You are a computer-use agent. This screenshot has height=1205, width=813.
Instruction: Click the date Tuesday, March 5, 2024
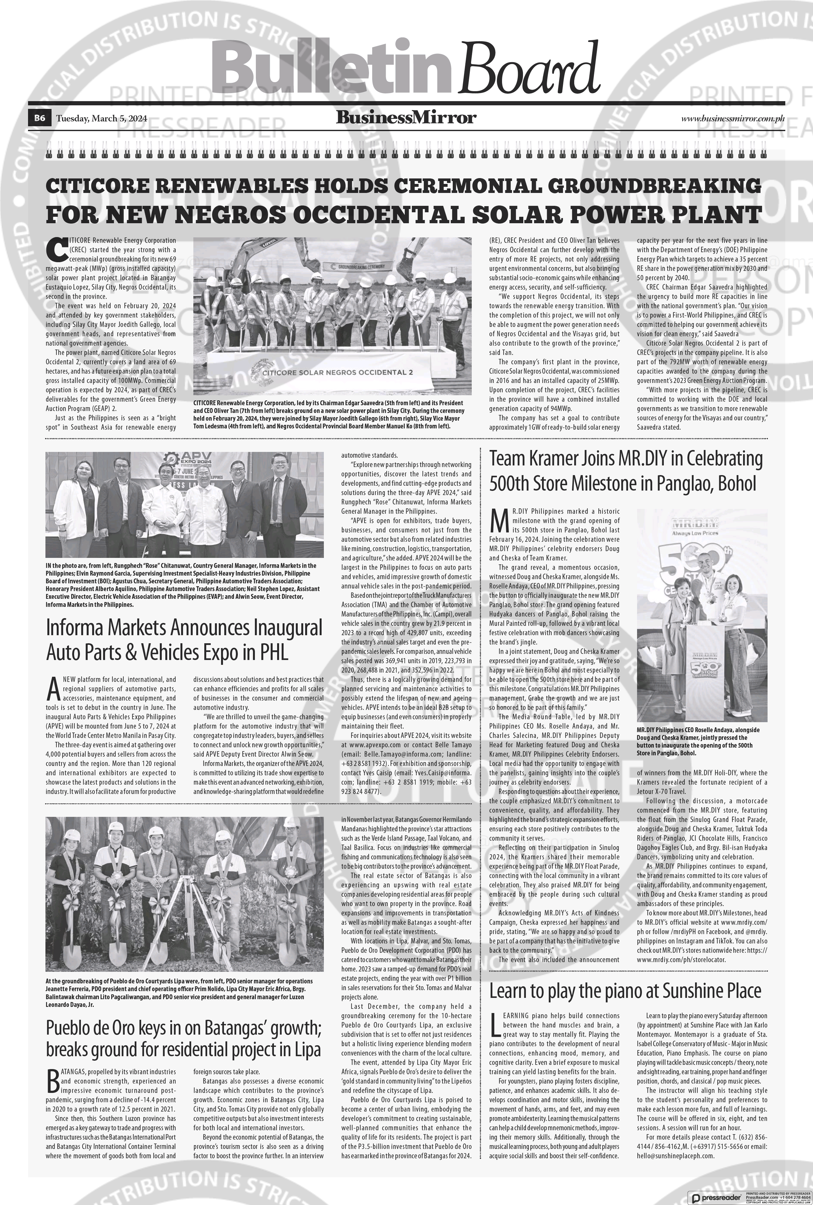click(102, 119)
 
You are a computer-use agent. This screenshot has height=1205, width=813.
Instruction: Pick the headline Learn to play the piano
click(625, 990)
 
